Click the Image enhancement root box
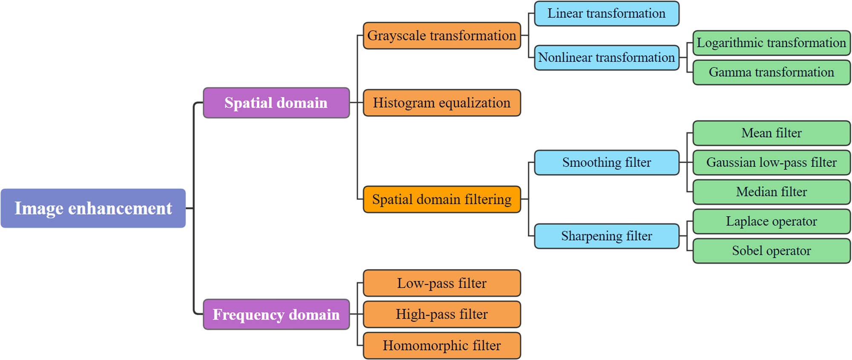pyautogui.click(x=93, y=208)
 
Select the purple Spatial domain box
pyautogui.click(x=276, y=103)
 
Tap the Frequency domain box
pyautogui.click(x=276, y=314)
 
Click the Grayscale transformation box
pyautogui.click(x=442, y=36)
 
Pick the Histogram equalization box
pyautogui.click(x=442, y=103)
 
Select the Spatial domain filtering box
pyautogui.click(x=442, y=199)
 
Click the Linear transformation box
pyautogui.click(x=606, y=14)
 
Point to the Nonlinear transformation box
pyautogui.click(x=606, y=58)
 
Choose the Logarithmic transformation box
pyautogui.click(x=771, y=43)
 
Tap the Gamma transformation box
pyautogui.click(x=771, y=72)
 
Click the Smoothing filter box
pyautogui.click(x=606, y=162)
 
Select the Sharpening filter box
pyautogui.click(x=606, y=236)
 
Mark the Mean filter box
pyautogui.click(x=771, y=133)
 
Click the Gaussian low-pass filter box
pyautogui.click(x=771, y=162)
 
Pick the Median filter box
pyautogui.click(x=771, y=192)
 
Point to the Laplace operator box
pyautogui.click(x=771, y=222)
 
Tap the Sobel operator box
pyautogui.click(x=771, y=251)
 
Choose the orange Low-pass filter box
pyautogui.click(x=442, y=283)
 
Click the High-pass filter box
pyautogui.click(x=442, y=314)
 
